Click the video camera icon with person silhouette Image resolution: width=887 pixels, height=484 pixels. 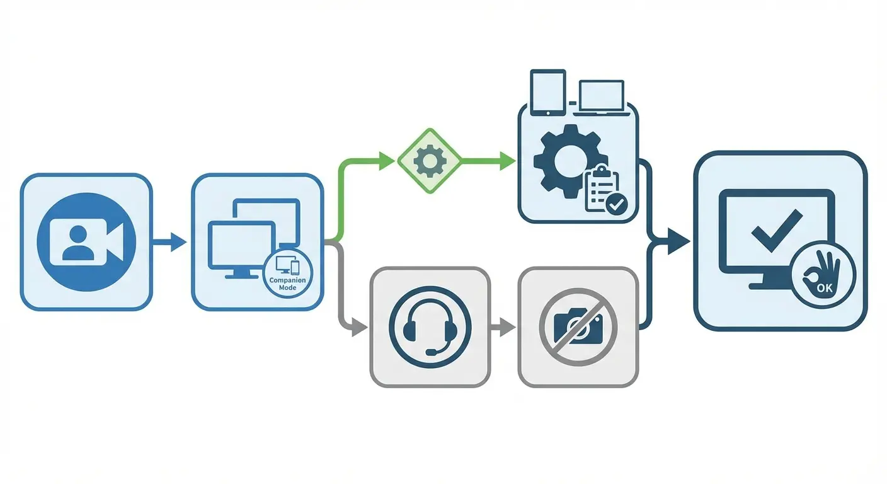(86, 241)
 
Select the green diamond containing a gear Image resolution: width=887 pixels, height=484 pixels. (429, 161)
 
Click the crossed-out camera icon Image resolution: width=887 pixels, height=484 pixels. (578, 326)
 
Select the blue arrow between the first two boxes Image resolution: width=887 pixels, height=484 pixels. (171, 241)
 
